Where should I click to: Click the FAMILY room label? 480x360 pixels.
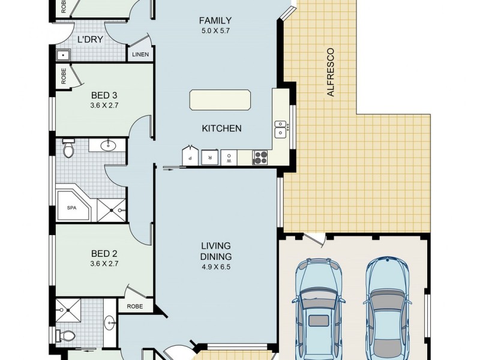[215, 20]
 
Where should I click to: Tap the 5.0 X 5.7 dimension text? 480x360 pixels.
[215, 31]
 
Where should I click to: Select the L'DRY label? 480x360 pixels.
[90, 40]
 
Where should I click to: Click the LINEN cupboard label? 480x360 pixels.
[140, 55]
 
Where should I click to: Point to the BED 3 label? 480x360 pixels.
[104, 95]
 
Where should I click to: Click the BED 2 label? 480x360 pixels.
[104, 253]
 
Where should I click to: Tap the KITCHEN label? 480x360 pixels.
[221, 128]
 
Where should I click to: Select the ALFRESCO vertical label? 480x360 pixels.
[331, 72]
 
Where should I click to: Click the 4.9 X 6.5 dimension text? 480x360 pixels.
[216, 266]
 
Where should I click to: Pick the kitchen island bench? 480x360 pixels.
[220, 100]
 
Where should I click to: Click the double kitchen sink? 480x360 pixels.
[280, 129]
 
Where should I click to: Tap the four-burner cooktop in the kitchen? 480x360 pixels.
[260, 158]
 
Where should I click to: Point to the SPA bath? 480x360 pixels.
[73, 205]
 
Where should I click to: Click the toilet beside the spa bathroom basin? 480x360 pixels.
[68, 148]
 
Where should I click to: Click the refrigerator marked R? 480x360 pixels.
[210, 157]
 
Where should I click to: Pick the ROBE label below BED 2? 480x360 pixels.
[134, 306]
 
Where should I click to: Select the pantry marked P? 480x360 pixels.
[190, 156]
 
